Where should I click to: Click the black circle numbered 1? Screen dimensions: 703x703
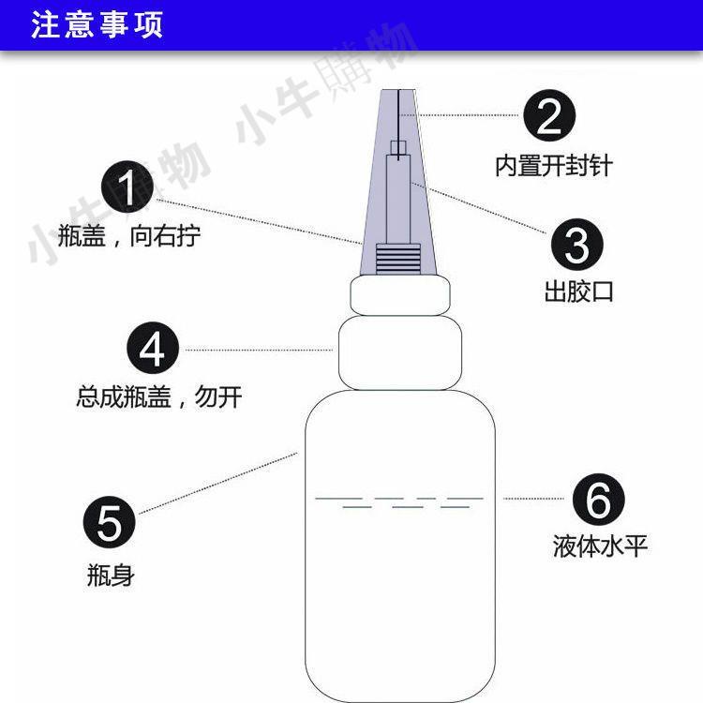coord(127,187)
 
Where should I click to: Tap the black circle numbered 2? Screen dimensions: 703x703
coord(548,115)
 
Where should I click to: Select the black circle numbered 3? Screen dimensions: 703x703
coord(577,245)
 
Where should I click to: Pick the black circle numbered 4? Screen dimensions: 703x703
coord(153,348)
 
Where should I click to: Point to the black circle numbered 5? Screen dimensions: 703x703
coord(110,522)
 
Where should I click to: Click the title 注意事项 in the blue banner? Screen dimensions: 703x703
coord(97,24)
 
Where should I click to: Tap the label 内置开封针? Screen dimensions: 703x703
coord(554,166)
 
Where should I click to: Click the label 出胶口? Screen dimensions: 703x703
coord(579,292)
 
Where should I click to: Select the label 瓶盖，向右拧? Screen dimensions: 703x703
coord(129,235)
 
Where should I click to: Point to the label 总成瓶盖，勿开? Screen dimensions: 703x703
coord(159,396)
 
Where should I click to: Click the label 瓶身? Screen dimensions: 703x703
coord(111,575)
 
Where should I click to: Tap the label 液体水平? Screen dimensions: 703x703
coord(600,546)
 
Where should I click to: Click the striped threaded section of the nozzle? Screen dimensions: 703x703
coord(398,259)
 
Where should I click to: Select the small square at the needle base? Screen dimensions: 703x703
coord(398,147)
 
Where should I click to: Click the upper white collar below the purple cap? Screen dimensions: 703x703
coord(400,295)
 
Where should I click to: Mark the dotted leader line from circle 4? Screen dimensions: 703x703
coord(259,350)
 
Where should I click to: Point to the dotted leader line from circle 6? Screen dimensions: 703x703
coord(533,498)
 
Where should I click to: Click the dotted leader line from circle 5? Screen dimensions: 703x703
coord(218,484)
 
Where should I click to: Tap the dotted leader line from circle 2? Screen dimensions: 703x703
coord(459,115)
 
